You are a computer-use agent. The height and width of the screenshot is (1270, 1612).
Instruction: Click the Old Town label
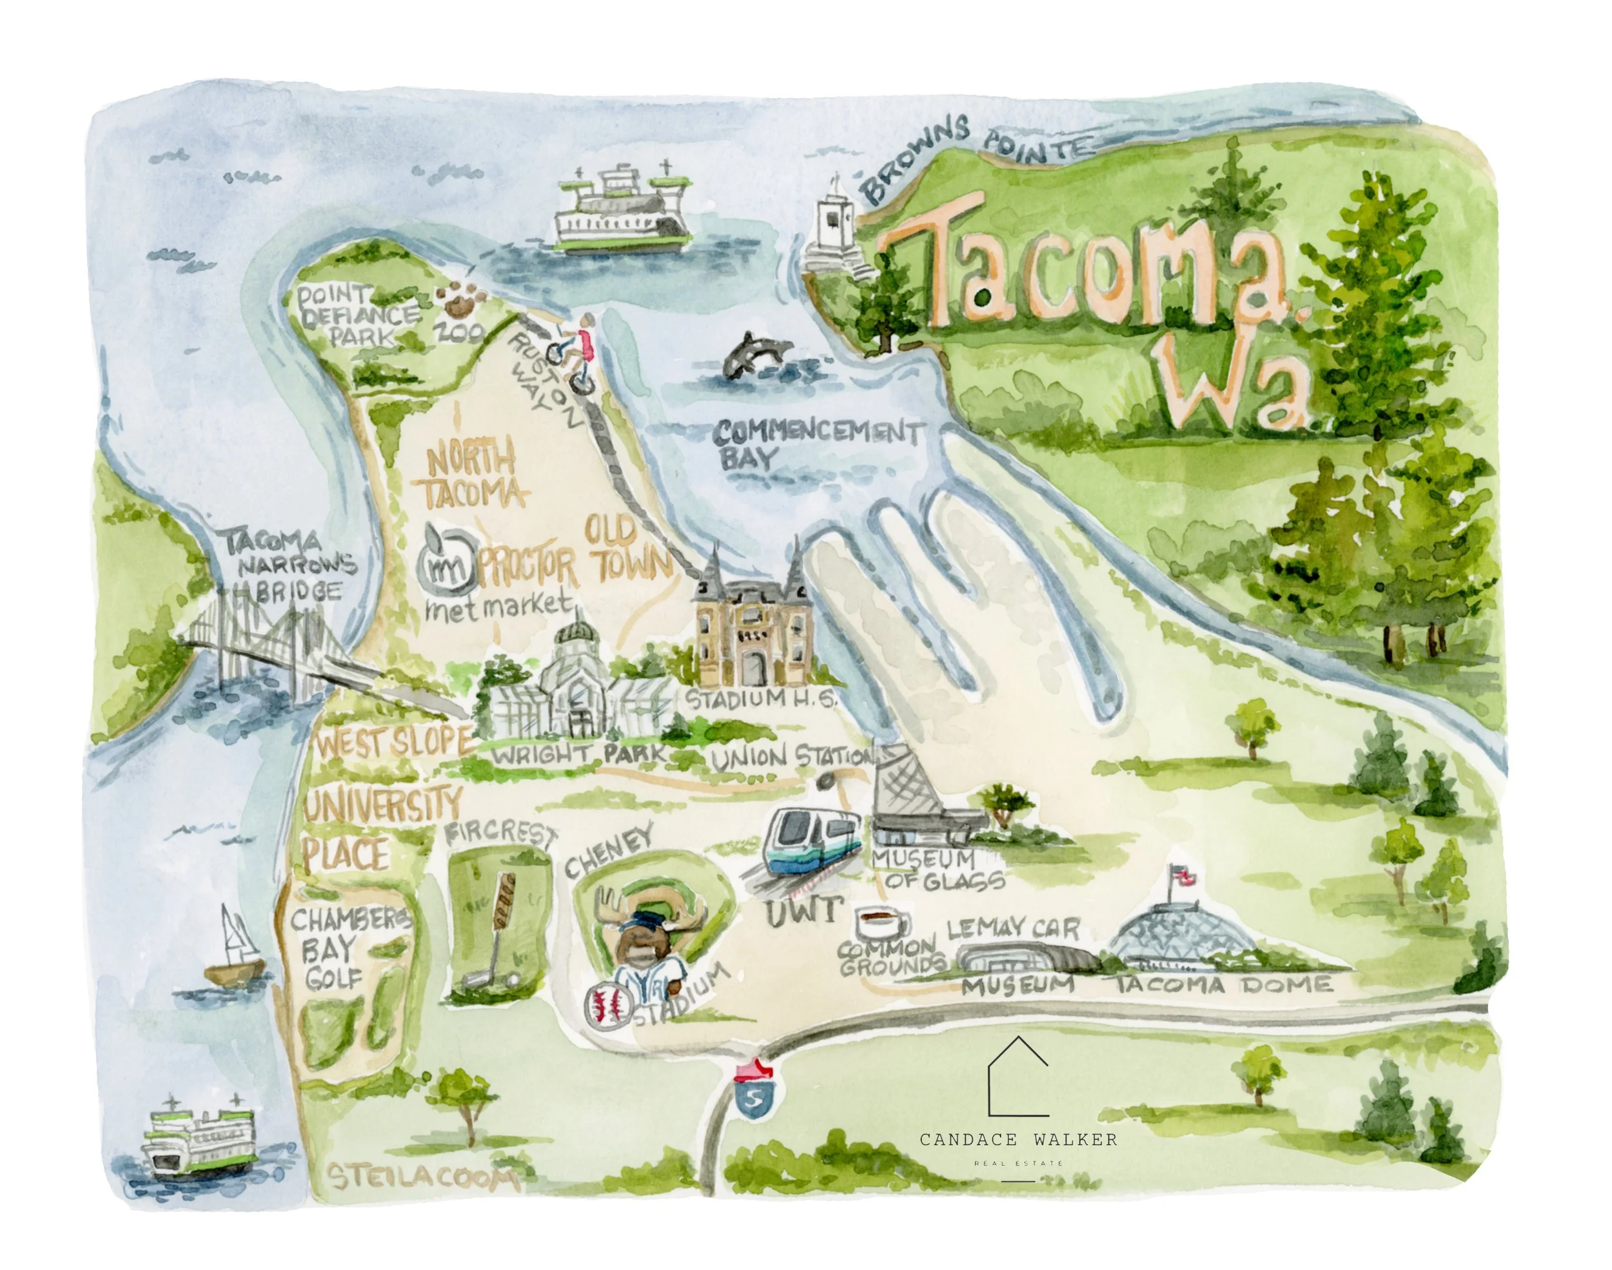point(625,551)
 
